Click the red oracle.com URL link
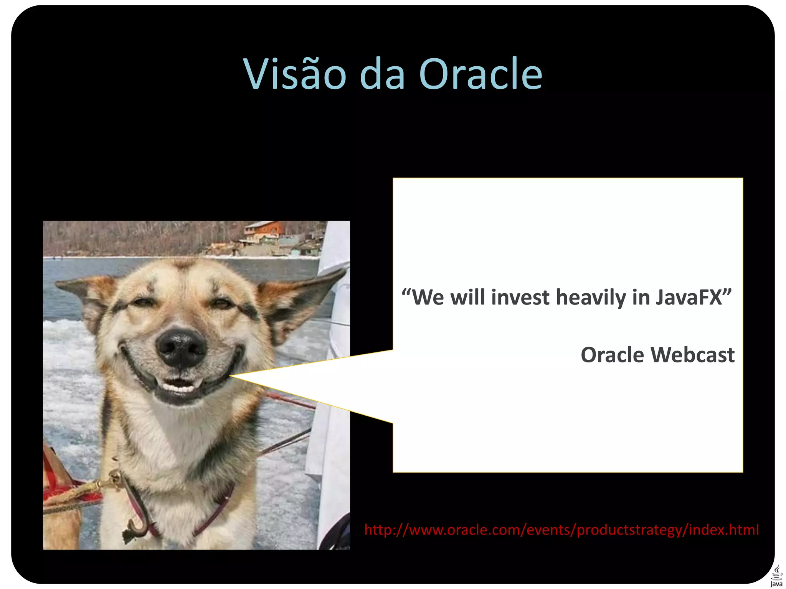[561, 530]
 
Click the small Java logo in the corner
[776, 576]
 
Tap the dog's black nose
[181, 347]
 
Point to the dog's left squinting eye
[139, 303]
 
